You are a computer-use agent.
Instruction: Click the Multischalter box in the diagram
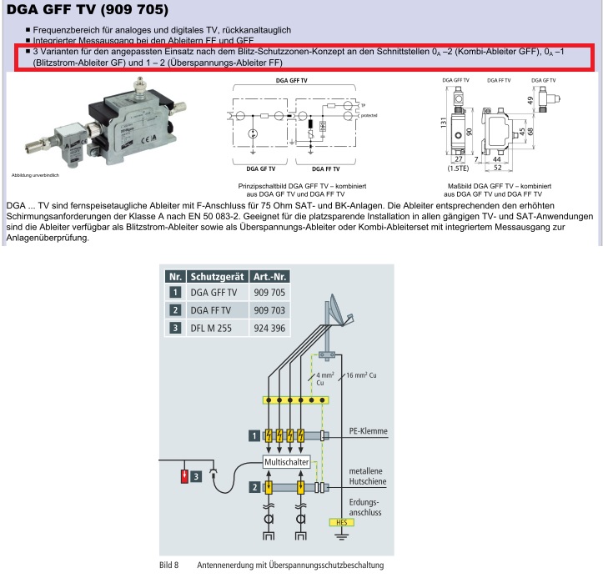(x=286, y=461)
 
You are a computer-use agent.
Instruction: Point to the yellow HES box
(x=340, y=523)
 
